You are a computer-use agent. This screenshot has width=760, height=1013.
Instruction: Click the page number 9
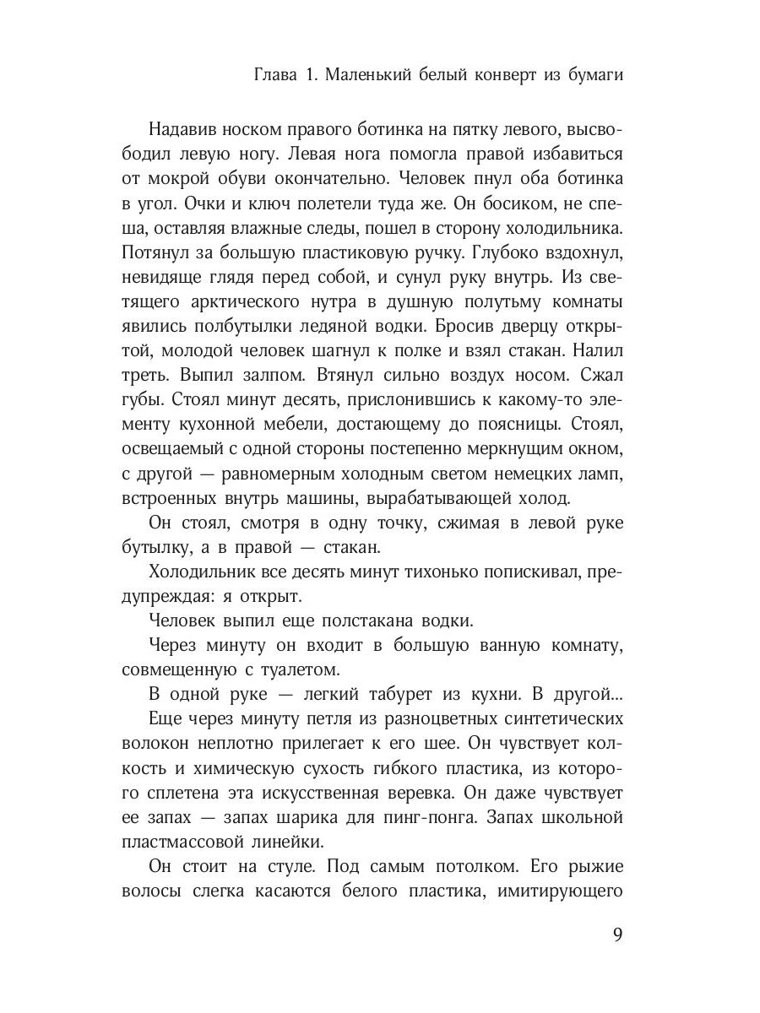[x=616, y=935]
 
